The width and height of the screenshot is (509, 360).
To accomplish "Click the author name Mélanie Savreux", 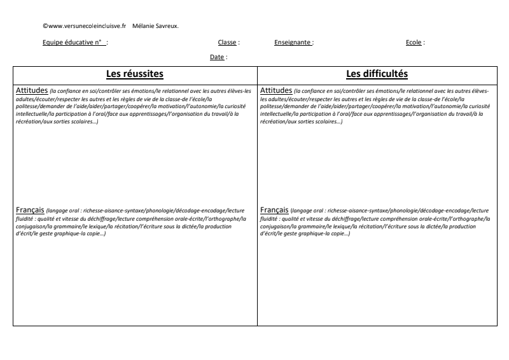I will pyautogui.click(x=156, y=26).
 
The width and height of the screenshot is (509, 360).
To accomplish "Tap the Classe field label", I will pyautogui.click(x=228, y=43).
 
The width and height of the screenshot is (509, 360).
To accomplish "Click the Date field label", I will pyautogui.click(x=217, y=57).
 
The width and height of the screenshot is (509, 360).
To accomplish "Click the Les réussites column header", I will pyautogui.click(x=135, y=74).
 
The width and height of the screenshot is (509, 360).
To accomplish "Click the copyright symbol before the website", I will pyautogui.click(x=45, y=26).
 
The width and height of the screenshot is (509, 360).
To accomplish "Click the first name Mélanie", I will pyautogui.click(x=143, y=26).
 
